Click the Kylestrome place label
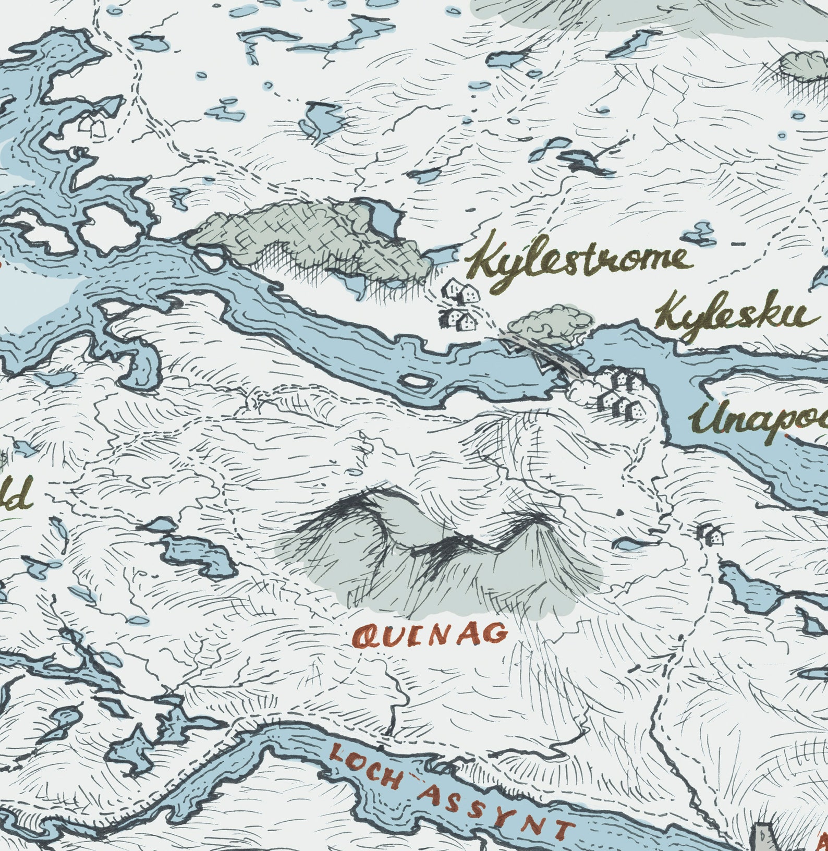coord(579,264)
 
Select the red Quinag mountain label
coord(430,635)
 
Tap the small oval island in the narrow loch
coord(416,381)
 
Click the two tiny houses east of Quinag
coord(710,534)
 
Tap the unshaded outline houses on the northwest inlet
coord(91,125)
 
